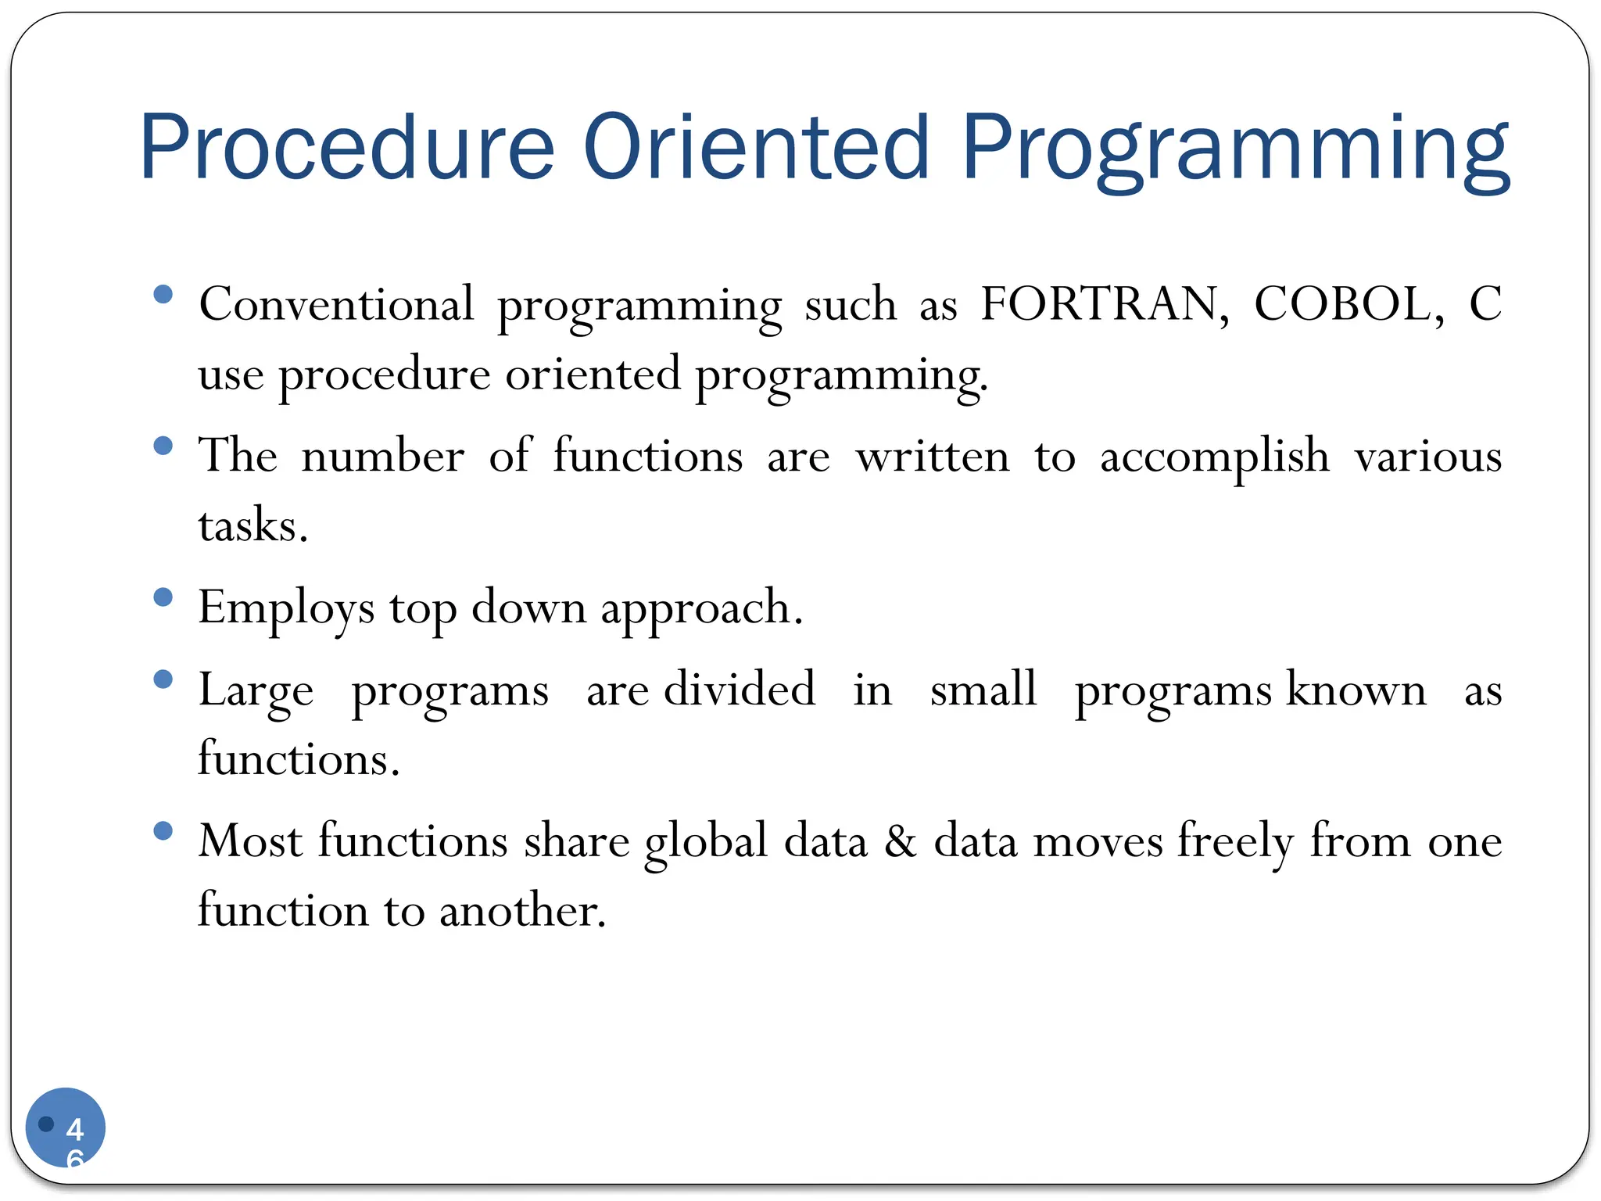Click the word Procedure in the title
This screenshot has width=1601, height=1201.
click(346, 147)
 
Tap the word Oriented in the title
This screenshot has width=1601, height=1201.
click(756, 147)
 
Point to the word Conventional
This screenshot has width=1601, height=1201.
click(336, 303)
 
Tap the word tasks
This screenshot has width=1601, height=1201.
click(252, 525)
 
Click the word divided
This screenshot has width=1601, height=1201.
click(740, 689)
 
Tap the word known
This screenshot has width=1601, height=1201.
click(1356, 690)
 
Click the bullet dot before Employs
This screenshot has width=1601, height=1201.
click(163, 598)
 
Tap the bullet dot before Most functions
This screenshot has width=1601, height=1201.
click(163, 830)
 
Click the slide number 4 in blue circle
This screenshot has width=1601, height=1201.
click(75, 1128)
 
